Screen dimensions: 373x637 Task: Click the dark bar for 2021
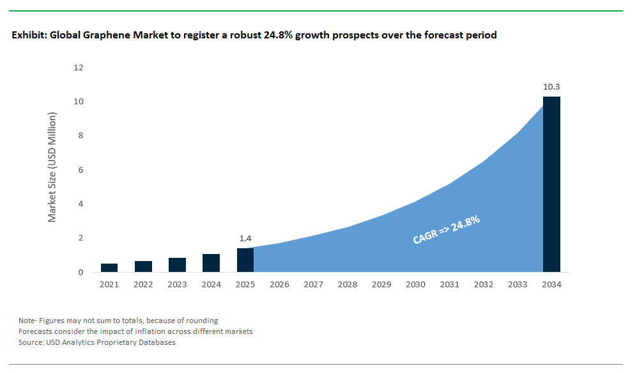click(109, 267)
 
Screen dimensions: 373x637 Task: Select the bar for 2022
click(143, 266)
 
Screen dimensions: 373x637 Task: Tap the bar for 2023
click(177, 265)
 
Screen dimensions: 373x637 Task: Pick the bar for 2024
click(211, 263)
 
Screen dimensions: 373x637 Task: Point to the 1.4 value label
click(245, 238)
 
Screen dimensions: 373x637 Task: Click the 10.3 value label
click(551, 86)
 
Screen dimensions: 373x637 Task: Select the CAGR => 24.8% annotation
click(446, 230)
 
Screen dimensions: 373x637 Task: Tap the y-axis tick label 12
click(79, 68)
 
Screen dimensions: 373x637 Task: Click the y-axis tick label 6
click(81, 170)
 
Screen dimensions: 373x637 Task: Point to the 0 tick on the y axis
click(81, 273)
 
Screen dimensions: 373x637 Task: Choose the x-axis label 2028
click(347, 284)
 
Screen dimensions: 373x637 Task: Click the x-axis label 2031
click(449, 284)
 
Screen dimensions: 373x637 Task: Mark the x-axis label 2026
click(279, 284)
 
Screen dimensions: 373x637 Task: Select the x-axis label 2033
click(518, 284)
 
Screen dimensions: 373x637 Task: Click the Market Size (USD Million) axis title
click(52, 168)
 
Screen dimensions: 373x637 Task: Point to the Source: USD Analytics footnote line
click(96, 342)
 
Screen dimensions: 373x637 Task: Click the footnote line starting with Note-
click(118, 321)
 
